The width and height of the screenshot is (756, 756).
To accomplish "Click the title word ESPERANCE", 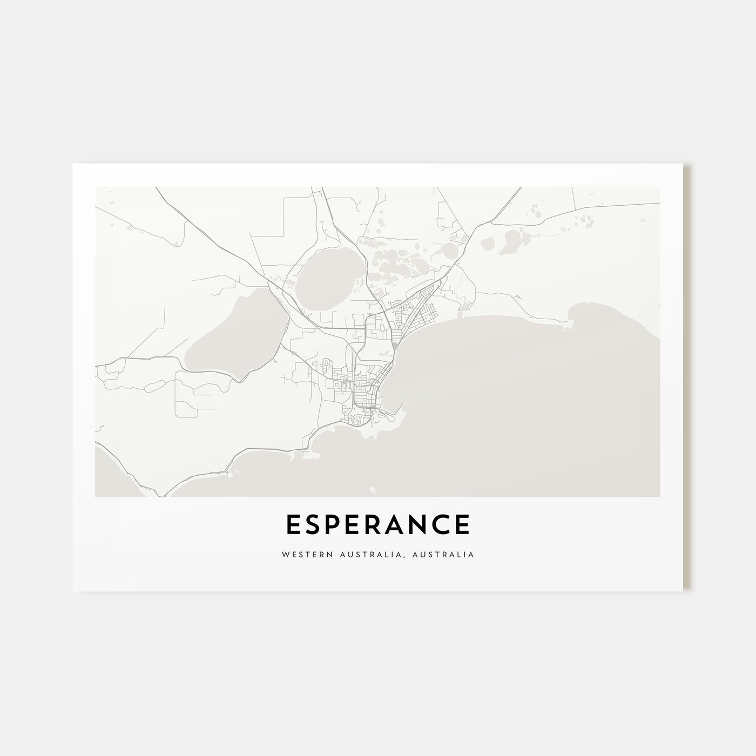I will [377, 525].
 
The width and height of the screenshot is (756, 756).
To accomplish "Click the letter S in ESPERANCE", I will [314, 525].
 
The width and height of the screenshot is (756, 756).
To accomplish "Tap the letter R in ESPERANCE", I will [381, 525].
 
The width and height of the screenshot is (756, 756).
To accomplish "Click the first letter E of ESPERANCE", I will [293, 525].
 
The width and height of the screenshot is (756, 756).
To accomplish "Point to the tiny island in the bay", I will [372, 490].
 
